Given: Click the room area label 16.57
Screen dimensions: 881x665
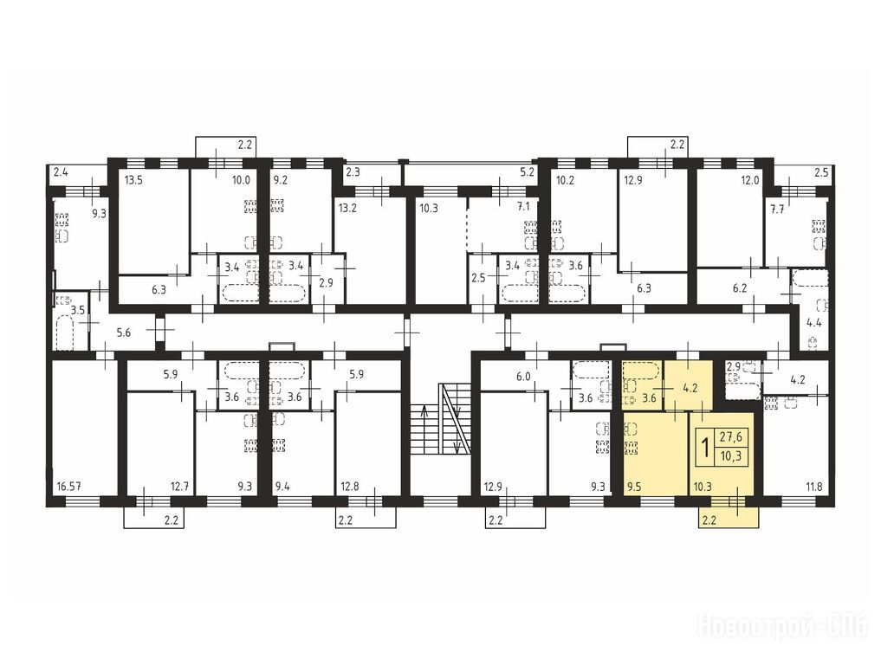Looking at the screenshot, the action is (x=68, y=487).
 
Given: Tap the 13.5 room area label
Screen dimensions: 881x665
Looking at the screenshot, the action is (x=133, y=180).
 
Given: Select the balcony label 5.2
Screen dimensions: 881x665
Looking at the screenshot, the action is (x=527, y=172).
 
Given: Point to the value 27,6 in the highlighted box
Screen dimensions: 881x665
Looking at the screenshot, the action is (x=731, y=436).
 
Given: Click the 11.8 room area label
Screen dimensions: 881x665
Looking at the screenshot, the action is (x=813, y=487).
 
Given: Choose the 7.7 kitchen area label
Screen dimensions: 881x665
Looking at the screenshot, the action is (x=777, y=210).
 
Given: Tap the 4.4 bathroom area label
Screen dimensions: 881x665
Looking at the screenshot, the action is (x=814, y=323).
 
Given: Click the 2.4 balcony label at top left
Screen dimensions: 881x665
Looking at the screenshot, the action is (x=60, y=172).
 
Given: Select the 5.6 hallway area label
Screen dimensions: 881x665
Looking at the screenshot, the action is (x=123, y=333).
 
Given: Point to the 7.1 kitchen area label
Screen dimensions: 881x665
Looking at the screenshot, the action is (x=523, y=207).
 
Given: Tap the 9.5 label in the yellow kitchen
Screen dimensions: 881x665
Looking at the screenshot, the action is (x=634, y=487).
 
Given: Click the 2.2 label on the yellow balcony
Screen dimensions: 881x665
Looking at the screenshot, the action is (x=709, y=520).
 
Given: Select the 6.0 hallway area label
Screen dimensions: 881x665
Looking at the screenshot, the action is (x=523, y=377).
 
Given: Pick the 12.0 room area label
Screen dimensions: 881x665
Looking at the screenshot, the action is (x=749, y=181).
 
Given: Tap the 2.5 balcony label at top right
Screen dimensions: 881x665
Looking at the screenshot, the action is (x=821, y=173).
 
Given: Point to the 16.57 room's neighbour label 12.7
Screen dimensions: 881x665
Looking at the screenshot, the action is (x=179, y=487).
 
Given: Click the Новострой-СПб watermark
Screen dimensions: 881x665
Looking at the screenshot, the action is (x=782, y=626).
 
